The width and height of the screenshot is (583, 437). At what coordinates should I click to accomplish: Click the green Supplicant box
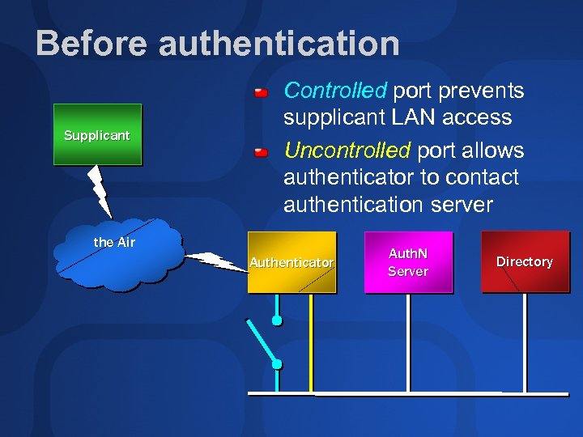pos(97,134)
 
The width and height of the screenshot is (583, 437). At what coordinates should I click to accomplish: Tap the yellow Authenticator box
pos(291,262)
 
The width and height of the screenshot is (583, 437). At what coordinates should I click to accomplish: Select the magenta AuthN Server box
pos(407,262)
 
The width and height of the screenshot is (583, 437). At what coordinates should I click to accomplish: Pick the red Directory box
pos(524,261)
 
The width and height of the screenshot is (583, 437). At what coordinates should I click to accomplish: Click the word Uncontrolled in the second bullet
pos(347,151)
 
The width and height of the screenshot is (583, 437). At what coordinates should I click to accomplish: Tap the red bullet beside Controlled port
pos(261,91)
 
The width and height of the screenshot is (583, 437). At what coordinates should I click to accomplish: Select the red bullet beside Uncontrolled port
pos(261,152)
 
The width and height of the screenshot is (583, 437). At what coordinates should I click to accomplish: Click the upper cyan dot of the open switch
pos(277,321)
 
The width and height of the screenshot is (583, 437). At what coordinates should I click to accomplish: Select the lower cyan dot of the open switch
pos(277,364)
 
